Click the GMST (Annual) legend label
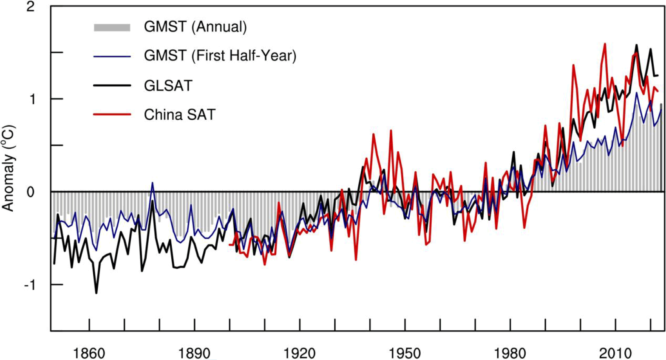[195, 27]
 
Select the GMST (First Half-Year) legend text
[220, 56]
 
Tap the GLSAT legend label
[168, 85]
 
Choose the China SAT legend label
[179, 115]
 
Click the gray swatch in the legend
[112, 27]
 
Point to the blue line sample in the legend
[112, 56]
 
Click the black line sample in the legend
[112, 85]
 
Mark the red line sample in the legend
[112, 115]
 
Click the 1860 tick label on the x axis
[89, 352]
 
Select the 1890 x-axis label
[194, 352]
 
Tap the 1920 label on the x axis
[300, 352]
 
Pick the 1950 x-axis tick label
[405, 352]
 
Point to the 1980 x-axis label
[510, 352]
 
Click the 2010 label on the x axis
[615, 352]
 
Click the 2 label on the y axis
[31, 7]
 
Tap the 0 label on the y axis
[31, 192]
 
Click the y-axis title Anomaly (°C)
[9, 168]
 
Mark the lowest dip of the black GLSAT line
[96, 293]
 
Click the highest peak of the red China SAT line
[605, 44]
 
